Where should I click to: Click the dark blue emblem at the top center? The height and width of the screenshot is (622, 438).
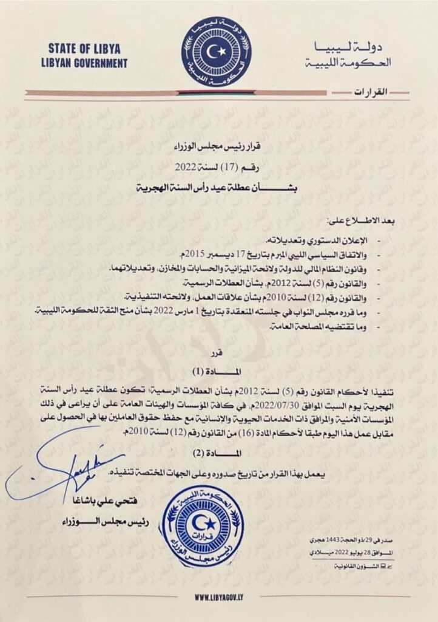216,51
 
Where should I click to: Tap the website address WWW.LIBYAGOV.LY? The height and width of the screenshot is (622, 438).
219,598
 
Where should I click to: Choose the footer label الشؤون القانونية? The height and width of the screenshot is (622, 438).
363,566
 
